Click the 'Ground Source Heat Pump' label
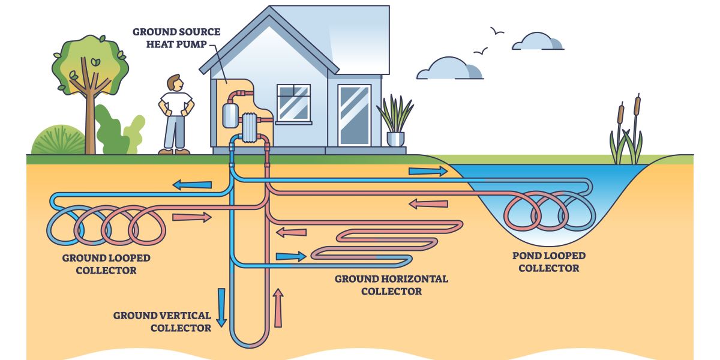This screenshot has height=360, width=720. click(176, 37)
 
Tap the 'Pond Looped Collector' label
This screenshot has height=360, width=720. click(548, 262)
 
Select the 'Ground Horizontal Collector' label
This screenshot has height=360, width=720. click(391, 285)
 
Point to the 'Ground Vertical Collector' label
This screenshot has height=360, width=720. click(162, 322)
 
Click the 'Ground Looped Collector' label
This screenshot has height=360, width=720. click(106, 264)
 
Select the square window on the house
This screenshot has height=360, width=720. click(293, 103)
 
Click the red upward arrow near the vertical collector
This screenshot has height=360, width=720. click(278, 308)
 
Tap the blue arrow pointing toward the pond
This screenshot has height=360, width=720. click(428, 171)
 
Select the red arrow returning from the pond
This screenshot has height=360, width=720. click(428, 204)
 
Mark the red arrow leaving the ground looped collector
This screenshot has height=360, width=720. click(191, 217)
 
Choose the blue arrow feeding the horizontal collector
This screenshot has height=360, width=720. click(290, 256)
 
